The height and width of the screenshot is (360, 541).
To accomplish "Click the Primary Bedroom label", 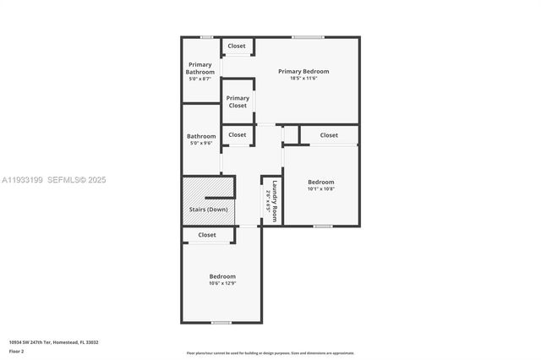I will pyautogui.click(x=303, y=71).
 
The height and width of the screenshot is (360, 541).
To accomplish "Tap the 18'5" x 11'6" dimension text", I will pyautogui.click(x=303, y=79).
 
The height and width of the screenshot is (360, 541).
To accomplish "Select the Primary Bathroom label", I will pyautogui.click(x=200, y=68).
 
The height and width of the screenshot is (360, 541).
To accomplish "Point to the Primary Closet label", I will pyautogui.click(x=238, y=101).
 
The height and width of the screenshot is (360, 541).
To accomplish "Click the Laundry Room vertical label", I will pyautogui.click(x=274, y=199).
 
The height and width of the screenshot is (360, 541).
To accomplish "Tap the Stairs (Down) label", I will pyautogui.click(x=207, y=210).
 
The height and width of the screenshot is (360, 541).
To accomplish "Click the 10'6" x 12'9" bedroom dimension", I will pyautogui.click(x=222, y=284).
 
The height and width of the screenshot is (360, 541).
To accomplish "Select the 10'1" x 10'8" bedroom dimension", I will pyautogui.click(x=320, y=189).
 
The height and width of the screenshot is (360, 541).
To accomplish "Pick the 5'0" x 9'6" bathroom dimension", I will pyautogui.click(x=201, y=144).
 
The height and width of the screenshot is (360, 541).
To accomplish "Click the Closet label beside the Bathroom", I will pyautogui.click(x=238, y=134).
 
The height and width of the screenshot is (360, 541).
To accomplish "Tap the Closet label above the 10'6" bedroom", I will pyautogui.click(x=207, y=235).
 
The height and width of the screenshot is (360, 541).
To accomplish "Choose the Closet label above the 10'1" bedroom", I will pyautogui.click(x=329, y=135).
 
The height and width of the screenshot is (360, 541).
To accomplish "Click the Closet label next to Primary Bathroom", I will pyautogui.click(x=237, y=46).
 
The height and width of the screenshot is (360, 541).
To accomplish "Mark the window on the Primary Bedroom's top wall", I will pyautogui.click(x=308, y=36).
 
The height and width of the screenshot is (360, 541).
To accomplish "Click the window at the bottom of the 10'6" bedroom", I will pyautogui.click(x=221, y=322).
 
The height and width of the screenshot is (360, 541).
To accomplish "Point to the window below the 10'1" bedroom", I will pyautogui.click(x=322, y=226).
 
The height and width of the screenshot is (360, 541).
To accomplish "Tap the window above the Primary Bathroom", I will pyautogui.click(x=206, y=36).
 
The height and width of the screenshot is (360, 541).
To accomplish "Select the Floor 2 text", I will pyautogui.click(x=17, y=350).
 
